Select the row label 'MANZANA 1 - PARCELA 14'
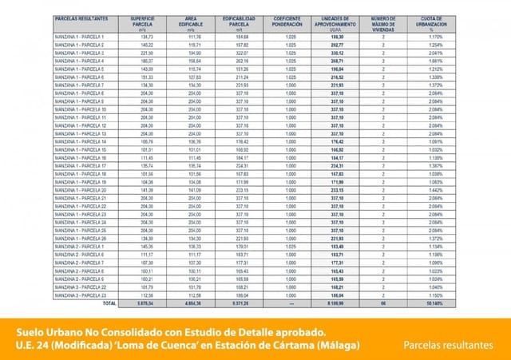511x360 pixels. tap(81, 141)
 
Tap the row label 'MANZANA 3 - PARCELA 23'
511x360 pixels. tap(81, 296)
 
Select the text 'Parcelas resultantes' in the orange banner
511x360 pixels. tap(448, 344)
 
